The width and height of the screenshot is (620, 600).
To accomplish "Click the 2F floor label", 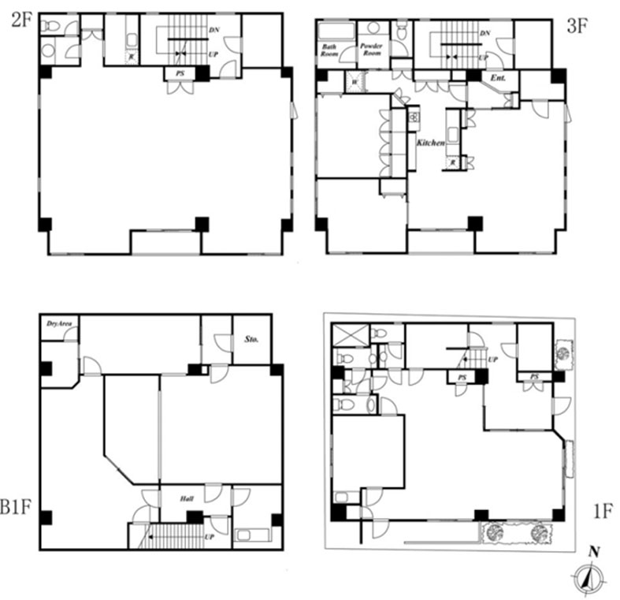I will tap(20, 21).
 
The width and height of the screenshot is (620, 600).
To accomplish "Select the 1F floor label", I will tap(602, 512).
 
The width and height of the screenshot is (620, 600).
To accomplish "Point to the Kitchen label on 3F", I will tap(432, 143).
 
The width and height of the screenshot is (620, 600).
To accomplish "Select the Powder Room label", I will tap(371, 50).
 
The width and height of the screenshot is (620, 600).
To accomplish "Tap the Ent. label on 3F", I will tap(498, 79).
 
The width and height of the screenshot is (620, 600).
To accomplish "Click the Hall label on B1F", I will tap(187, 499).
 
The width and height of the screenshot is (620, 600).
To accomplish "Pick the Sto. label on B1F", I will tap(252, 339).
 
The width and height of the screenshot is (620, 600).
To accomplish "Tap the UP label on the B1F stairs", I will tap(210, 537).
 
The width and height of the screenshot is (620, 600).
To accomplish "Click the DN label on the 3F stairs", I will tap(485, 33).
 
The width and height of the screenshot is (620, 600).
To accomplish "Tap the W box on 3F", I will tap(355, 81).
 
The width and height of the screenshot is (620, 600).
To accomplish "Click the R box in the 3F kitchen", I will tap(453, 162).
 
